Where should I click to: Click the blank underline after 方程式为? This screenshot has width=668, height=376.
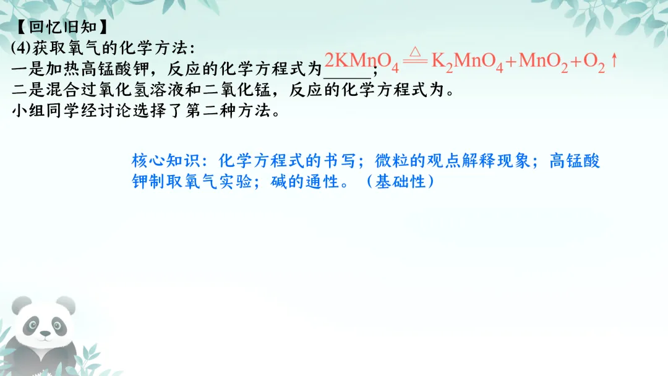(349, 71)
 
